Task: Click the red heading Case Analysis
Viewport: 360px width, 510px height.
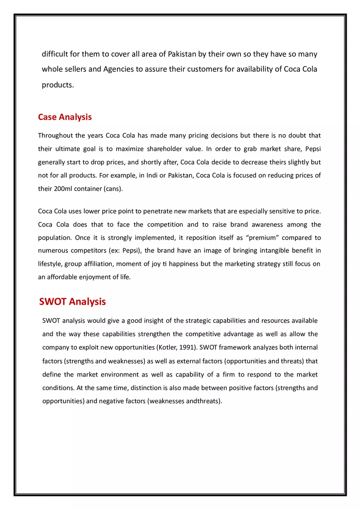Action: pos(65,117)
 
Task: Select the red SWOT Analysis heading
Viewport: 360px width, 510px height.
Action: pos(72,302)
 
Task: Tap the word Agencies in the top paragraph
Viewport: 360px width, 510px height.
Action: pos(118,69)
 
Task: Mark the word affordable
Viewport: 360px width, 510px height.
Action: pos(65,277)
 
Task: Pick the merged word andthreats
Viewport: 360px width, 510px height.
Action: pos(203,401)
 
